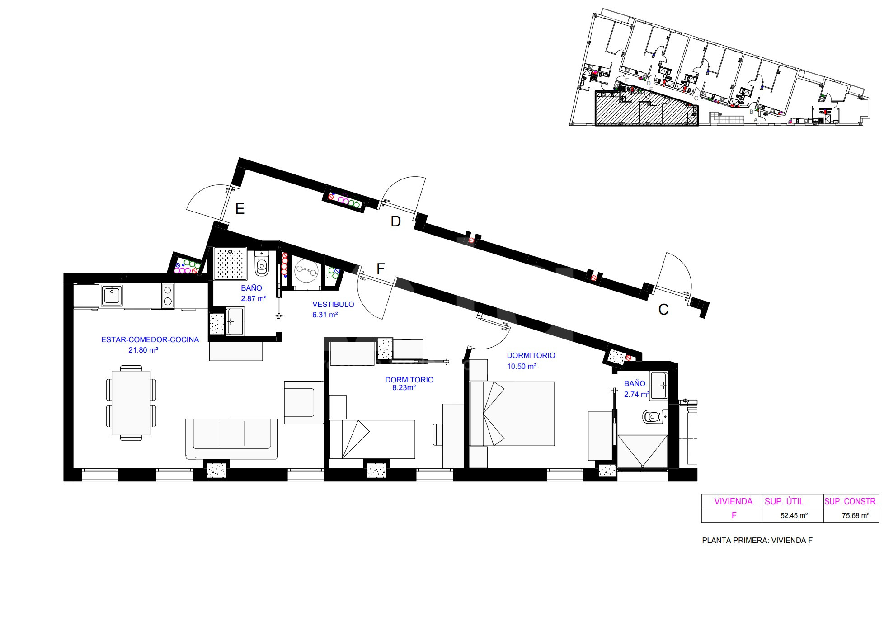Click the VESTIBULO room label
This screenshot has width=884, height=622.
333,304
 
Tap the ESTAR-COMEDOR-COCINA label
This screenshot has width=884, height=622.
150,339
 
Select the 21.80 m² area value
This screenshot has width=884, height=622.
143,350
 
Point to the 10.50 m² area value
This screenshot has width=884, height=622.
522,366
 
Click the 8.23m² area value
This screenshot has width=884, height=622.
401,387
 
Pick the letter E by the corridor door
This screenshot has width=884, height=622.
240,209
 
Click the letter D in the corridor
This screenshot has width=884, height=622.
396,221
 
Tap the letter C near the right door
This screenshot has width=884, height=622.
663,310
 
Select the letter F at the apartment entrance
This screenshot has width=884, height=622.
381,269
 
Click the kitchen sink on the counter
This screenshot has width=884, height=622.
111,295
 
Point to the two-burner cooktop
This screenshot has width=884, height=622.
168,295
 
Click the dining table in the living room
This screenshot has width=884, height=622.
131,402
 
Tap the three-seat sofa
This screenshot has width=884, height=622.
231,439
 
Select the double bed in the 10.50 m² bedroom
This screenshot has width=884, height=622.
512,414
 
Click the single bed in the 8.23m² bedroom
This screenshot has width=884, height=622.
372,439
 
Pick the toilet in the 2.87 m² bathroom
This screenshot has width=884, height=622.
261,264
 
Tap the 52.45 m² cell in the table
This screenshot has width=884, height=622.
794,515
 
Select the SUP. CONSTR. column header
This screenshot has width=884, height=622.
851,501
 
